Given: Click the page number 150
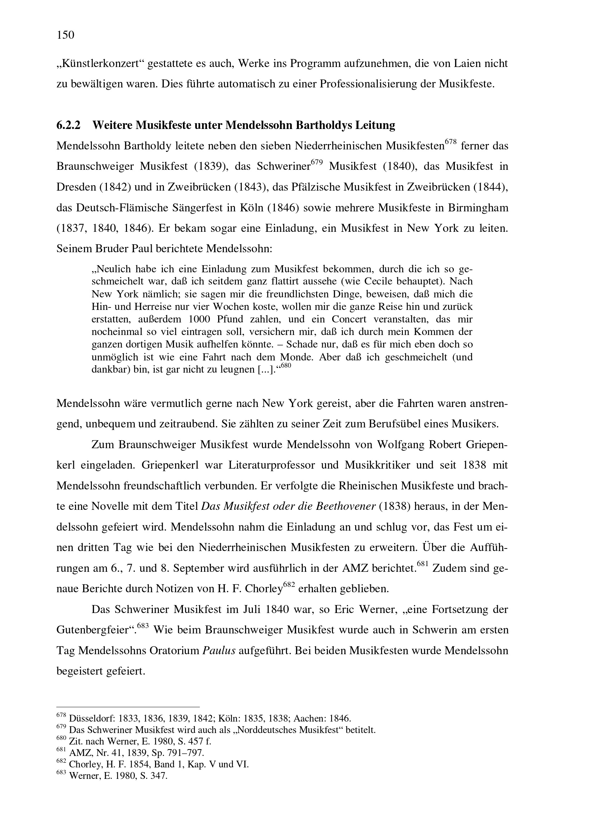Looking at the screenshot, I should pyautogui.click(x=65, y=35).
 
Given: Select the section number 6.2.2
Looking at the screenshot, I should pyautogui.click(x=68, y=125).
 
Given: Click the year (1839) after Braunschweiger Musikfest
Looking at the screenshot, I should pyautogui.click(x=211, y=167).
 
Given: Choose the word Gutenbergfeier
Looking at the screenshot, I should pyautogui.click(x=94, y=630).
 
